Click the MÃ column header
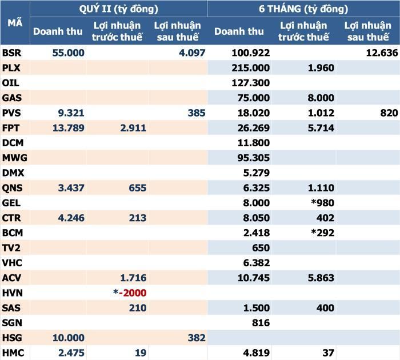(15, 23)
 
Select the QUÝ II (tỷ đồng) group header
(119, 9)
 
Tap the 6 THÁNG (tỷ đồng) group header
(303, 9)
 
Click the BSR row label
(11, 53)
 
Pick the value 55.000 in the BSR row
(69, 53)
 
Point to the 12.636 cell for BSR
(382, 53)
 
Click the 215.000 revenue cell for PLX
(250, 68)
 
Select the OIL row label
(10, 83)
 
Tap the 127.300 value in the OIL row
(250, 83)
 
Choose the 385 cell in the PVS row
(197, 113)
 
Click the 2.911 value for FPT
(133, 128)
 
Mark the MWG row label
(14, 158)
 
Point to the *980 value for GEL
(322, 203)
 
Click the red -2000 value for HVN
(133, 293)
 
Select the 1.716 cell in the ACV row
(133, 278)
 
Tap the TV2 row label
(11, 248)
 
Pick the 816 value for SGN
(261, 323)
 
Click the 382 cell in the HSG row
(197, 338)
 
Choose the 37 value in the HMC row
(328, 353)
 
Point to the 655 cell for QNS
(138, 188)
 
